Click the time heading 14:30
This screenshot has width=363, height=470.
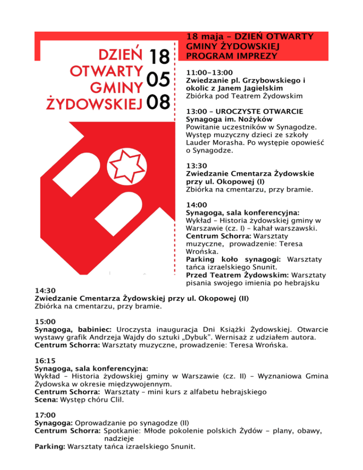45,291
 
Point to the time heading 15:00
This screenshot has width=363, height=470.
45,322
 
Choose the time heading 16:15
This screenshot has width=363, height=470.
45,360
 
